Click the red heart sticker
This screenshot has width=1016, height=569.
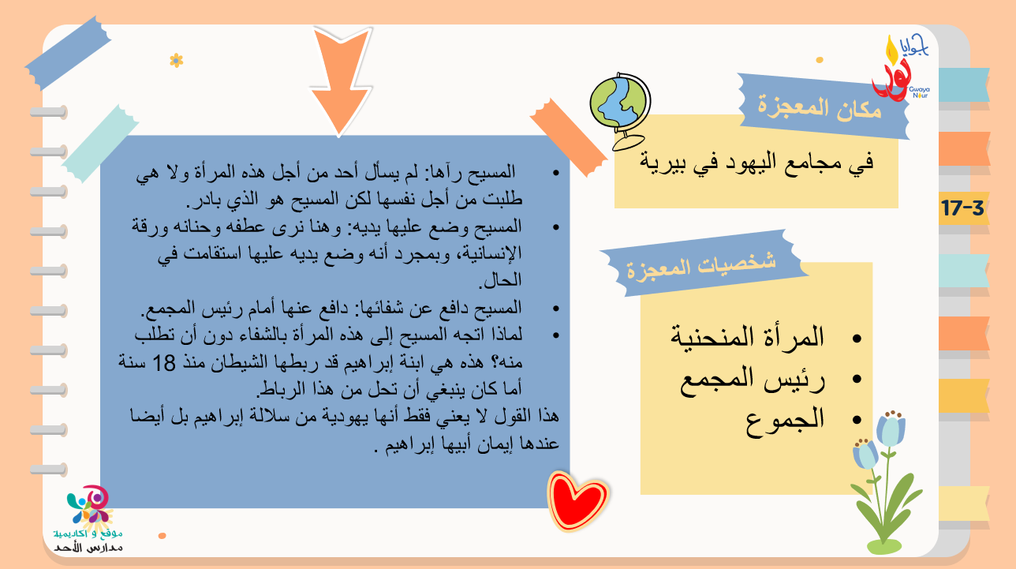pyautogui.click(x=577, y=500)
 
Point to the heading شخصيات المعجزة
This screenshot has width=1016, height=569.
pyautogui.click(x=701, y=267)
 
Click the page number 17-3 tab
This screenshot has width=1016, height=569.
pyautogui.click(x=962, y=208)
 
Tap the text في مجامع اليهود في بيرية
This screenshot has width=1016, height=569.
pyautogui.click(x=756, y=162)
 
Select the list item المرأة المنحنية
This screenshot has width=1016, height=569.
pyautogui.click(x=748, y=337)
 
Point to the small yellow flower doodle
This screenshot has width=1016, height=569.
pyautogui.click(x=177, y=60)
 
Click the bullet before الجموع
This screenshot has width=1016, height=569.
pyautogui.click(x=857, y=420)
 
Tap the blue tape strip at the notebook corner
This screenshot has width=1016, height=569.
pyautogui.click(x=68, y=53)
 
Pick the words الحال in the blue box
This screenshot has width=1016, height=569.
pyautogui.click(x=500, y=280)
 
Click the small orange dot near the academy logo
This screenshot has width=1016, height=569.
pyautogui.click(x=162, y=536)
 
